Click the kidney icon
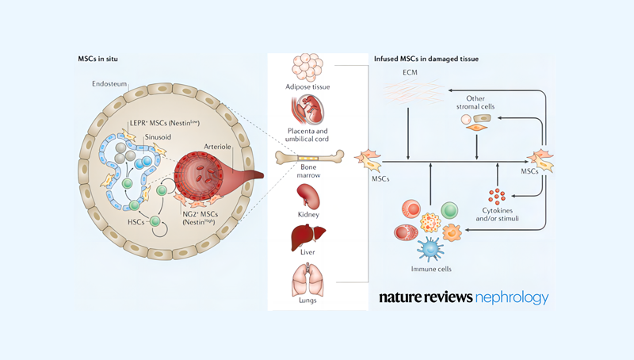tap(309, 196)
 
